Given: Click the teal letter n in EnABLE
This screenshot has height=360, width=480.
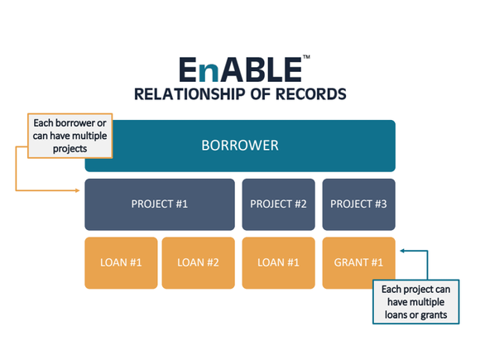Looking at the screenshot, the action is pos(209,74).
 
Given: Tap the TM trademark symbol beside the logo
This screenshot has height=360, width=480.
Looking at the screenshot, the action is pos(306,56).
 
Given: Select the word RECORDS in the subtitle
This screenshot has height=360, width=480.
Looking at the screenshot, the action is pos(310,94).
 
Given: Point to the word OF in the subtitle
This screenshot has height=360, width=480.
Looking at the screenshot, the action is pos(261,94).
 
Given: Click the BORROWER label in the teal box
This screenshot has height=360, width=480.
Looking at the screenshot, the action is pos(240,146).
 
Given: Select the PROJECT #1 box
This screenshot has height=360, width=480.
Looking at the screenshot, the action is pos(160,204).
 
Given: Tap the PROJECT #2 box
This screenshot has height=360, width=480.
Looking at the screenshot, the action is pos(279,204).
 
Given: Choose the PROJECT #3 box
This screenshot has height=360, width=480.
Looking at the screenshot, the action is pos(359,204).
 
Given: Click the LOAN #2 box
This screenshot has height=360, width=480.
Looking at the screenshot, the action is pos(199,263).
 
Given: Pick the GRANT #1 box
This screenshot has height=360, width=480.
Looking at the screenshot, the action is pos(359,263).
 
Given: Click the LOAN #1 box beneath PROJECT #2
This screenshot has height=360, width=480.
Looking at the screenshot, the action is pos(279,263).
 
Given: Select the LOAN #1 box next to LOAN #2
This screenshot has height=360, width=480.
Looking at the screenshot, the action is pos(121,263).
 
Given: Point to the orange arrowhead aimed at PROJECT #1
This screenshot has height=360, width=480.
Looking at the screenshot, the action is pos(78,190).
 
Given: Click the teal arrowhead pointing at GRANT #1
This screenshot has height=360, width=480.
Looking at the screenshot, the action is pos(402,251).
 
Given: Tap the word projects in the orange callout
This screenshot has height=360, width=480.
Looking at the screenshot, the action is pos(70,149).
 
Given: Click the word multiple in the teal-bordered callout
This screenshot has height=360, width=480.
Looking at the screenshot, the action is pos(426,302).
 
